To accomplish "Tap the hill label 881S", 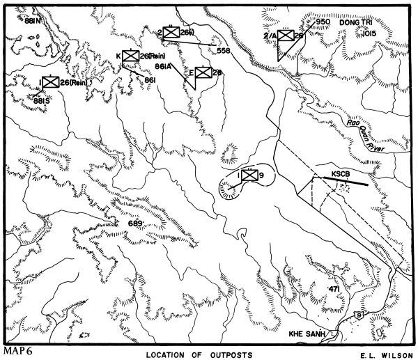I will coord(42,100).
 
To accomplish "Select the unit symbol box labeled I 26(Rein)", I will coord(49,83).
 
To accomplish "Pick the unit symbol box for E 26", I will coord(203,72).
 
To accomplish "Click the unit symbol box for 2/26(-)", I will coord(171,33).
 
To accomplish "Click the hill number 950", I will coord(323,22).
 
